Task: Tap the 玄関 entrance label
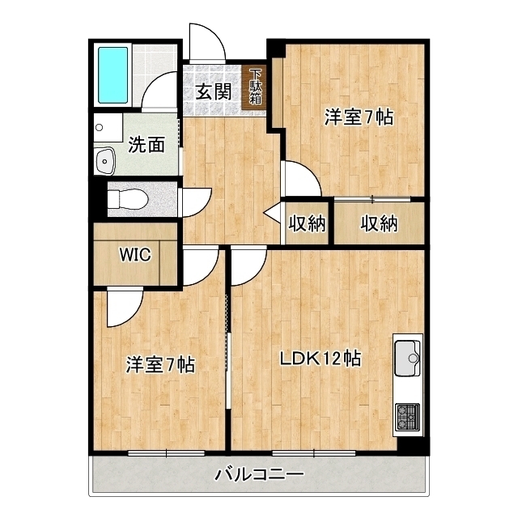[213, 91]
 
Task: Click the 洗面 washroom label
[146, 145]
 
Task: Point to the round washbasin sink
[105, 162]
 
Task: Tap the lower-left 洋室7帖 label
[159, 364]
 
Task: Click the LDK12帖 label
[321, 357]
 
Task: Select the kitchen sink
[407, 356]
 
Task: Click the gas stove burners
[407, 418]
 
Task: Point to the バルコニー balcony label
[259, 474]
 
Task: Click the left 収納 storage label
[308, 223]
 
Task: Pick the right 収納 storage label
[380, 223]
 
